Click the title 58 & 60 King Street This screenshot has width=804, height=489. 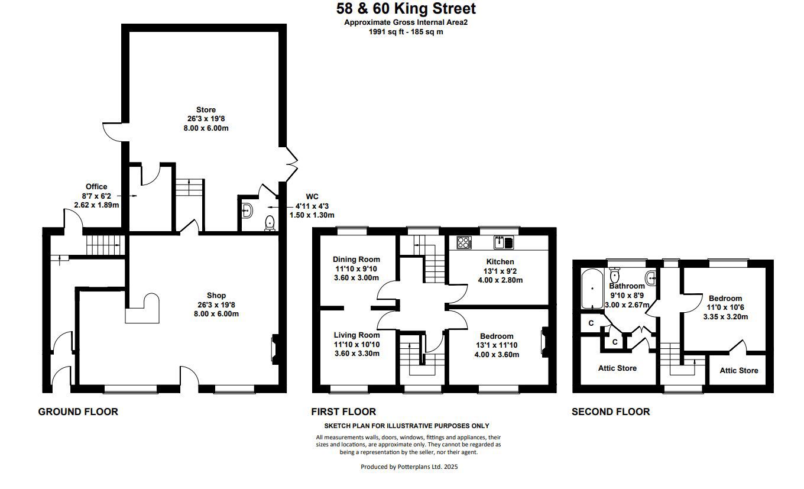pos(406,9)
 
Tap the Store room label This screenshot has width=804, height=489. pos(206,110)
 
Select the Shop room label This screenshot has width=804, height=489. pos(216,296)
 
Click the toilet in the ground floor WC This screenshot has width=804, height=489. pos(270,223)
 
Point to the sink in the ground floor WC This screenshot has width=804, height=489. pos(247,211)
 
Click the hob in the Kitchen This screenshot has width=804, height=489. pos(464,242)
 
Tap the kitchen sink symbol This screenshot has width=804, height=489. pos(504,242)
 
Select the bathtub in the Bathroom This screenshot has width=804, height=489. pos(592,289)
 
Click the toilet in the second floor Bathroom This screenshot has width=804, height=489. pos(614,275)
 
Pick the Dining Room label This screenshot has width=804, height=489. pos(356,259)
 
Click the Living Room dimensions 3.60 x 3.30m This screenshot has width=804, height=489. pos(357,354)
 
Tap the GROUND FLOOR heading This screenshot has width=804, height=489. pos(78,412)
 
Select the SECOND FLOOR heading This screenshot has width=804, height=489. pos(611,412)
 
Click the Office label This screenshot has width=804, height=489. pos(96,187)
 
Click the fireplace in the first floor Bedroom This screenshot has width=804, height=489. pos(545,342)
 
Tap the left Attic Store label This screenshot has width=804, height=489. pos(617,368)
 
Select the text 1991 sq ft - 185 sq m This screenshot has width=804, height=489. pos(406,32)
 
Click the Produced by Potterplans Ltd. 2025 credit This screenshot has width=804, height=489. pos(409,467)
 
